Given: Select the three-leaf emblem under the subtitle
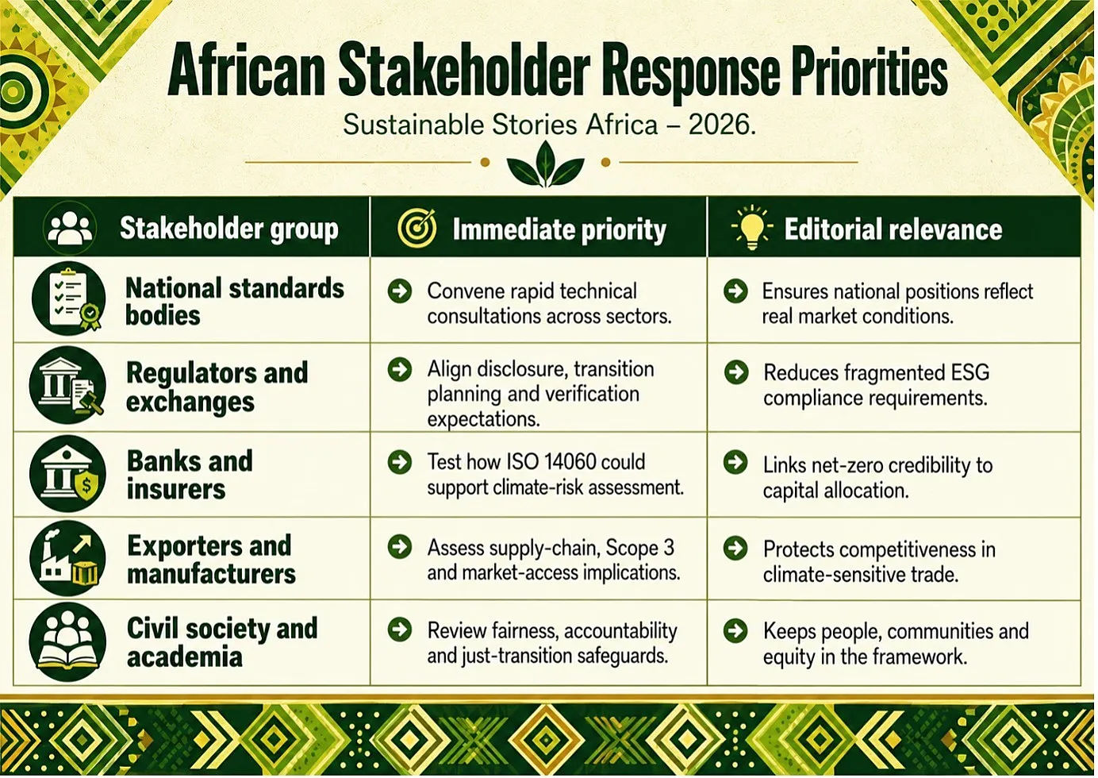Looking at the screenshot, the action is tap(545, 164).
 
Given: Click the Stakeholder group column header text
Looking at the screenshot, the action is tap(229, 229).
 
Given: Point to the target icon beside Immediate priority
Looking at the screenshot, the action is tap(417, 229).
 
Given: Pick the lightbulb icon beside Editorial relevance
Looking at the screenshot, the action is tap(752, 228).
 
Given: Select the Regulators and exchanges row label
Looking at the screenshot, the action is tap(217, 387).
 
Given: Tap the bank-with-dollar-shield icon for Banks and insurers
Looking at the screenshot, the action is tap(67, 474).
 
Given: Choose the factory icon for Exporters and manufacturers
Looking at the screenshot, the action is tap(67, 558).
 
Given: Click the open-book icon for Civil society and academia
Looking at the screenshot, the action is tap(67, 641).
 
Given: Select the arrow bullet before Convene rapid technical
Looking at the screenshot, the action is tap(400, 291).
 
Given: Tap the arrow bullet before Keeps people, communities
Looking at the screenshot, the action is tap(735, 631).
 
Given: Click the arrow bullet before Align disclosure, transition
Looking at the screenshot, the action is tap(400, 369).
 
